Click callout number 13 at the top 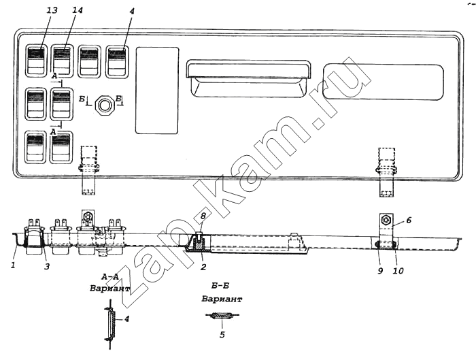pyautogui.click(x=52, y=11)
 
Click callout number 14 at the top pyautogui.click(x=78, y=10)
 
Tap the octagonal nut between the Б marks pyautogui.click(x=105, y=105)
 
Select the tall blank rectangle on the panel pyautogui.click(x=156, y=91)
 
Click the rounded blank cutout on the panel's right pyautogui.click(x=383, y=82)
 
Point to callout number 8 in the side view pyautogui.click(x=203, y=216)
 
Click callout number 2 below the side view pyautogui.click(x=203, y=267)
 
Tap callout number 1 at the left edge pyautogui.click(x=13, y=265)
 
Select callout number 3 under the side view pyautogui.click(x=46, y=267)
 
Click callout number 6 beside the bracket pyautogui.click(x=409, y=220)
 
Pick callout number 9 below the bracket pyautogui.click(x=380, y=270)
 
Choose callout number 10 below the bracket pyautogui.click(x=398, y=270)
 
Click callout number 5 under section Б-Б pyautogui.click(x=222, y=335)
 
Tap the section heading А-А pyautogui.click(x=110, y=277)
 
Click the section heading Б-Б pyautogui.click(x=220, y=286)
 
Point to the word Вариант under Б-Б pyautogui.click(x=222, y=299)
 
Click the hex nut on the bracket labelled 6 pyautogui.click(x=386, y=219)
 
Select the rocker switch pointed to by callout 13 pyautogui.click(x=36, y=61)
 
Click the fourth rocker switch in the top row pyautogui.click(x=117, y=61)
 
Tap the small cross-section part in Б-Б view pyautogui.click(x=222, y=316)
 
